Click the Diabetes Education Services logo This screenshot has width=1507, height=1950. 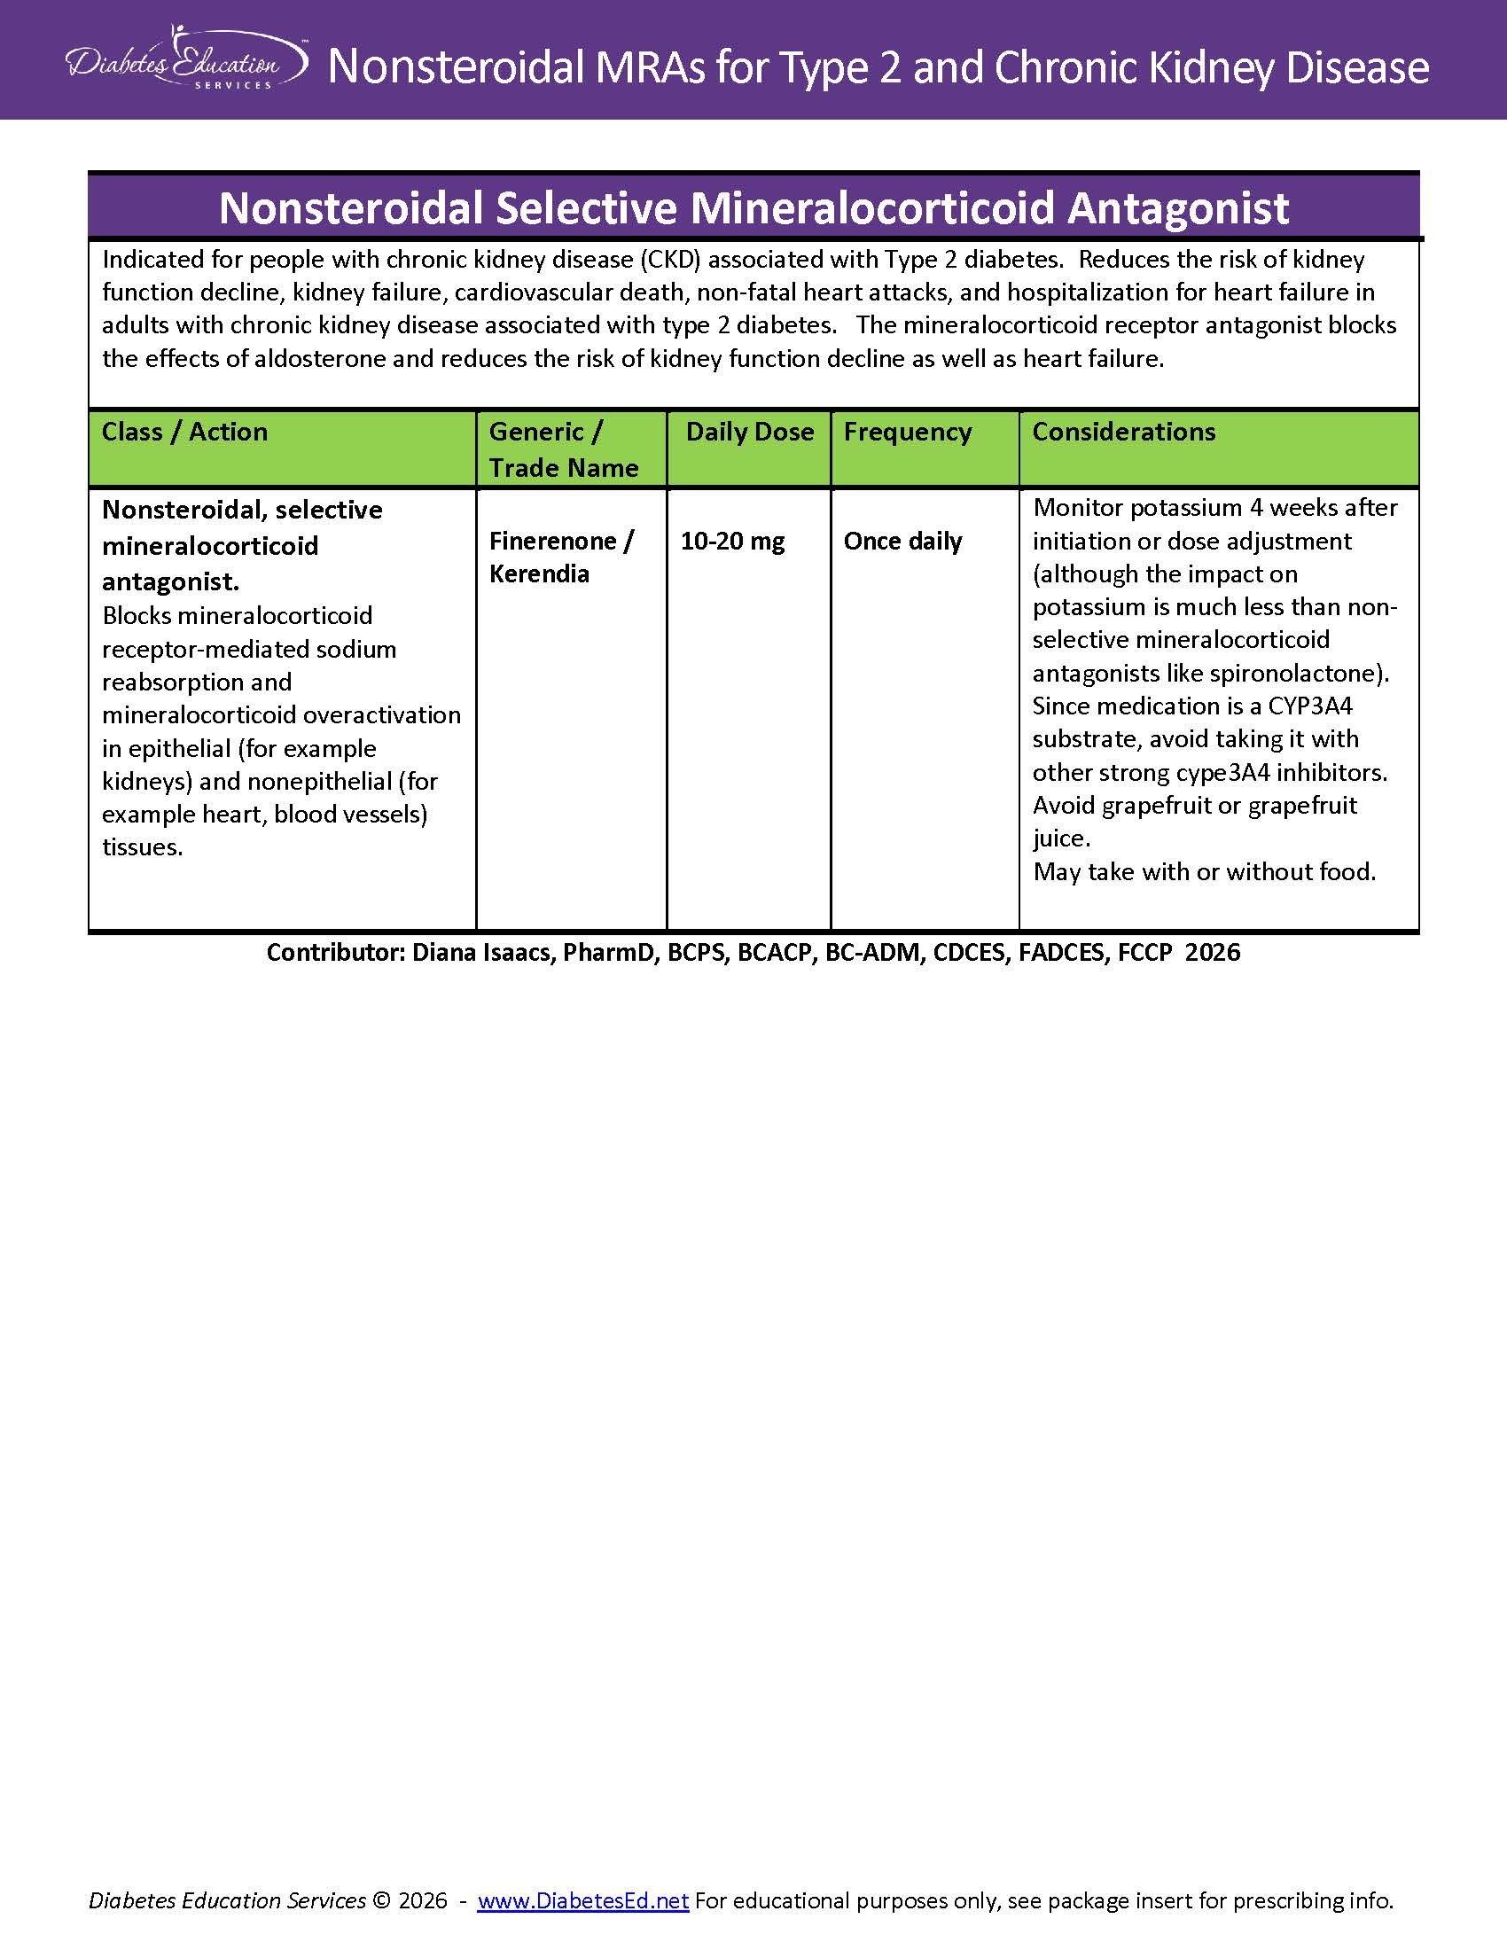pos(186,59)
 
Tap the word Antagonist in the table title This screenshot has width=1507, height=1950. pos(1177,208)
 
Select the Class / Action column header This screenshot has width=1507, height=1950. pos(184,433)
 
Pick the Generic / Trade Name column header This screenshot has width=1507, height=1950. pos(563,449)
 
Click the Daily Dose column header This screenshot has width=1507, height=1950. pos(749,433)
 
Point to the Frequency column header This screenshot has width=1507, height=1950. pos(907,433)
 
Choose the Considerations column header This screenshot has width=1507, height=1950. pos(1123,433)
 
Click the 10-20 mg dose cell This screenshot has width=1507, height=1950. pos(732,541)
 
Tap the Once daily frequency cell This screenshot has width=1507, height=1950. pos(902,541)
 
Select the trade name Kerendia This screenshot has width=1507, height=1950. pos(539,574)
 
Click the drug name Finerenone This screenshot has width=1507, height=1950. pos(552,541)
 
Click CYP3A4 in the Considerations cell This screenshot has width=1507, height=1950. pos(1309,706)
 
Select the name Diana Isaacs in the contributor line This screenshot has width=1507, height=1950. pos(482,953)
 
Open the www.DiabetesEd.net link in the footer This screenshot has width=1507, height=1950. pos(583,1902)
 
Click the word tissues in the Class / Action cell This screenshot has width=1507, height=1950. pos(141,847)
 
